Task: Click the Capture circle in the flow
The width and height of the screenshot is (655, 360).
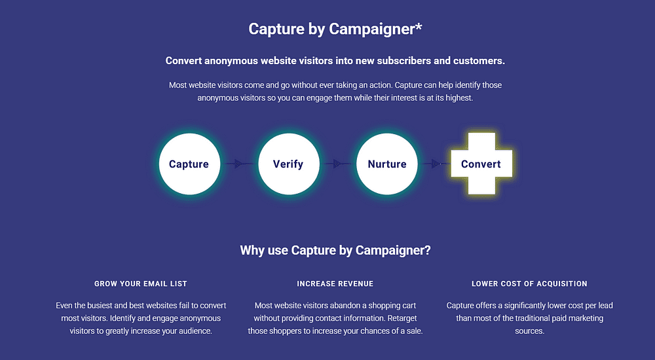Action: [x=189, y=164]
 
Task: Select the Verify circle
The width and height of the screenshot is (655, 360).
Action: [x=289, y=164]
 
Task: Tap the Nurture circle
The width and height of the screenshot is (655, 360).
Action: [x=387, y=164]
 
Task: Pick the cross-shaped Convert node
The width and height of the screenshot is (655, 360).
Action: [x=481, y=164]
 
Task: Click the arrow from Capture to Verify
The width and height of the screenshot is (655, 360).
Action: [x=239, y=164]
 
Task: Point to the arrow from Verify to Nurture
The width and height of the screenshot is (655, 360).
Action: [x=338, y=164]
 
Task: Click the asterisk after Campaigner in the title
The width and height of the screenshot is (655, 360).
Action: [x=419, y=26]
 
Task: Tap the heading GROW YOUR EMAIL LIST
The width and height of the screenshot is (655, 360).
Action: [x=141, y=283]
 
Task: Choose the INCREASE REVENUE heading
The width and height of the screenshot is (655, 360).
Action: [x=335, y=283]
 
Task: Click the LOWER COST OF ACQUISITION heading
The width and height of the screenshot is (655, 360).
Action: [x=529, y=283]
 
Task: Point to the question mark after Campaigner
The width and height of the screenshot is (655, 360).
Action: [x=427, y=250]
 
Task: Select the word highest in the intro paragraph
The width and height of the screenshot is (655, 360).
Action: [x=458, y=98]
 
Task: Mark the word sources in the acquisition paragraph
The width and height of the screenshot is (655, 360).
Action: [x=529, y=331]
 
